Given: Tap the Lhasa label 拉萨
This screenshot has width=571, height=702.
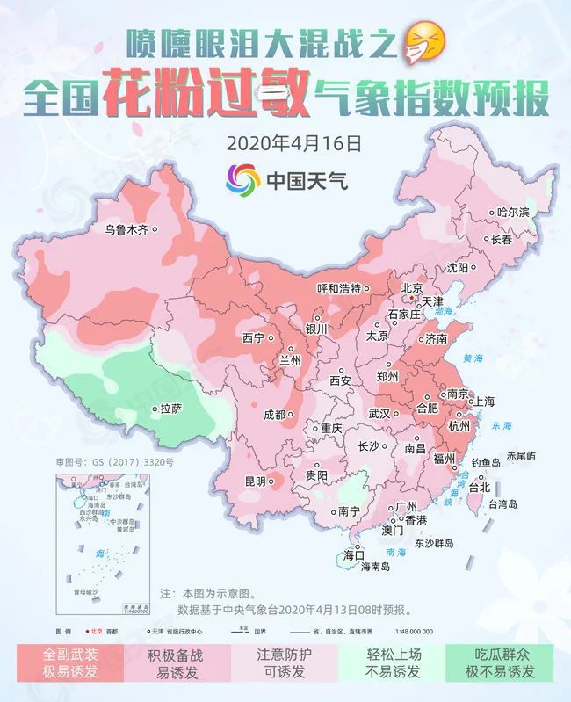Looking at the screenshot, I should click(x=170, y=409).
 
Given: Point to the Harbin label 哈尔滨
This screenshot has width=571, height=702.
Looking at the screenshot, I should click(x=514, y=213).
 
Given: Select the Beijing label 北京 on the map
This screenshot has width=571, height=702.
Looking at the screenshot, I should click(x=412, y=287).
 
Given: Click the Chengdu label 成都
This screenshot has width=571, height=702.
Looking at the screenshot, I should click(x=275, y=415).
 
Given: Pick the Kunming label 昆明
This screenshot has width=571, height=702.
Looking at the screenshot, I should click(x=255, y=481).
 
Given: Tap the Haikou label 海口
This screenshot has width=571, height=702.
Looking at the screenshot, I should click(x=353, y=555).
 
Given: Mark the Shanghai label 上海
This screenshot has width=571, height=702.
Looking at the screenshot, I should click(x=485, y=401).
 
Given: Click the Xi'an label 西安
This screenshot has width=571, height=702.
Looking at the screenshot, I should click(x=340, y=380).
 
